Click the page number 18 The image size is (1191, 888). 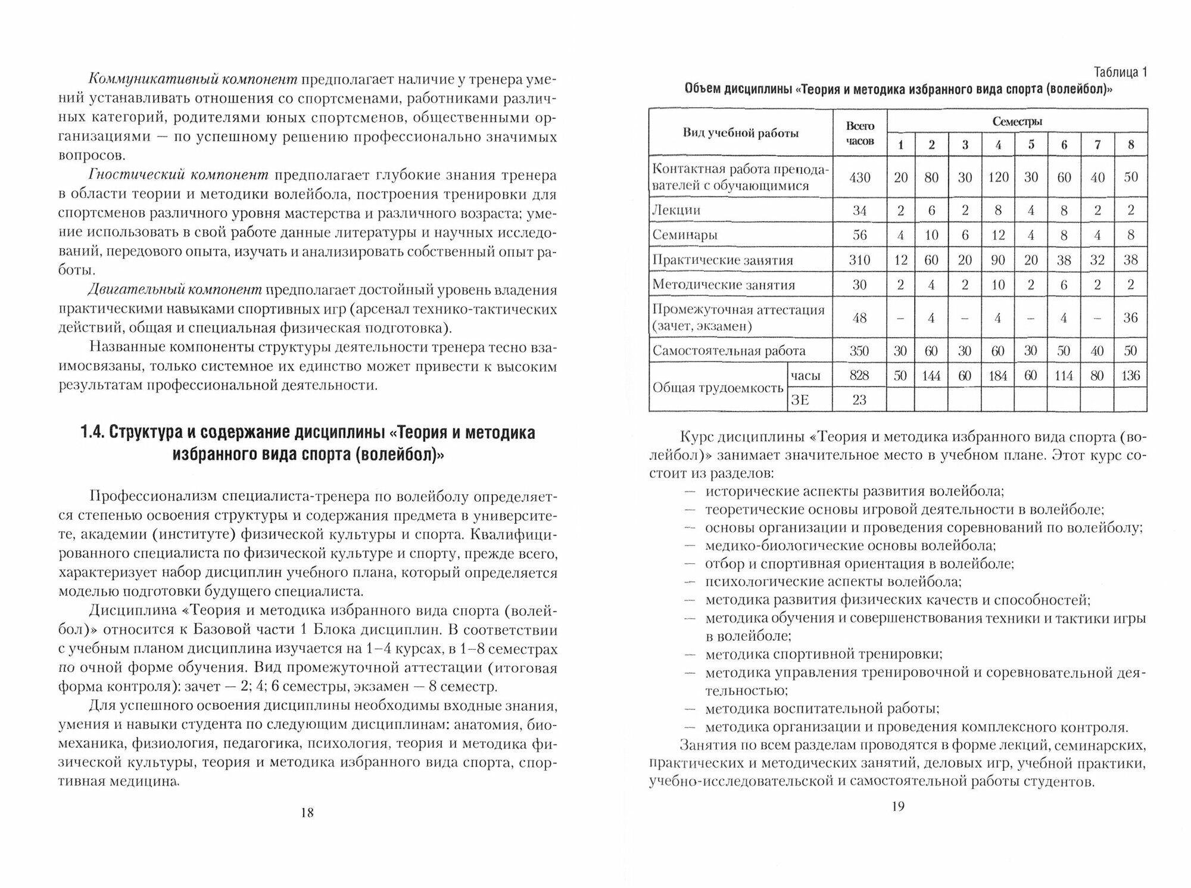[307, 812]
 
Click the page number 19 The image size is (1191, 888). [897, 807]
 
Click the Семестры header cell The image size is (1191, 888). [1017, 121]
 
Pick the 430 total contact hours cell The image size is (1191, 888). [860, 177]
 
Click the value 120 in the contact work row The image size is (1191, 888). [998, 177]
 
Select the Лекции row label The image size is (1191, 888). [676, 210]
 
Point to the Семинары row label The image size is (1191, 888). [685, 235]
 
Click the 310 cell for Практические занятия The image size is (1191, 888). [860, 260]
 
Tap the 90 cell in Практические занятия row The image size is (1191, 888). [998, 260]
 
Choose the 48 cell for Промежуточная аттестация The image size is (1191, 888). [860, 318]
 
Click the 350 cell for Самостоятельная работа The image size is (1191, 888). [860, 351]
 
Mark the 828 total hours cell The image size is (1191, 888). [860, 376]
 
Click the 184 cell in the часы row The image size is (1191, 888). [998, 376]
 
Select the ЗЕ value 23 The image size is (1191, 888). [860, 400]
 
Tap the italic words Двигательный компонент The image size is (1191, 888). [175, 290]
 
